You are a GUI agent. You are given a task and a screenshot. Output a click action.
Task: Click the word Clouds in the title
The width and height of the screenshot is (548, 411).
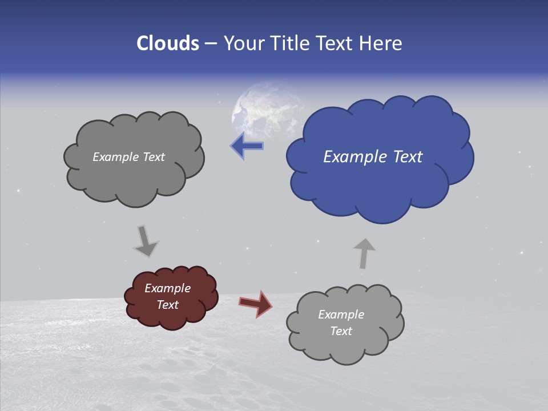pyautogui.click(x=167, y=43)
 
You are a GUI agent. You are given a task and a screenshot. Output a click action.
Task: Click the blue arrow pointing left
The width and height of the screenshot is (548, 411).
pyautogui.click(x=247, y=146)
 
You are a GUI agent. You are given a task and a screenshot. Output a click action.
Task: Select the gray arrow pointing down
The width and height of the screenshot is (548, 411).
pyautogui.click(x=146, y=240)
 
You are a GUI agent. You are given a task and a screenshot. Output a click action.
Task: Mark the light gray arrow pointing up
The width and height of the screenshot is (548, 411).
pyautogui.click(x=364, y=253)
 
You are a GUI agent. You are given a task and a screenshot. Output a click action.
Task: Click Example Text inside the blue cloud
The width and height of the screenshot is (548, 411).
pyautogui.click(x=373, y=157)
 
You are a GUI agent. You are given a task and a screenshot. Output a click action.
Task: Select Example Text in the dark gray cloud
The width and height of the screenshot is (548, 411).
pyautogui.click(x=128, y=157)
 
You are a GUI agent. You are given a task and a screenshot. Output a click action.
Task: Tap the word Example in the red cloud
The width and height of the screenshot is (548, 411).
pyautogui.click(x=167, y=288)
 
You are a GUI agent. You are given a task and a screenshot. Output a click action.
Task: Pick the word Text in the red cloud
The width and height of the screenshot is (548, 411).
pyautogui.click(x=167, y=305)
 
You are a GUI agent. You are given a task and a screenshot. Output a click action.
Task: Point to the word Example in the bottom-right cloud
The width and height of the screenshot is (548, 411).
pyautogui.click(x=341, y=315)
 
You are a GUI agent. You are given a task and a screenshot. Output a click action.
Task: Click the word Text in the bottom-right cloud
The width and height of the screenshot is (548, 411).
pyautogui.click(x=341, y=331)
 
